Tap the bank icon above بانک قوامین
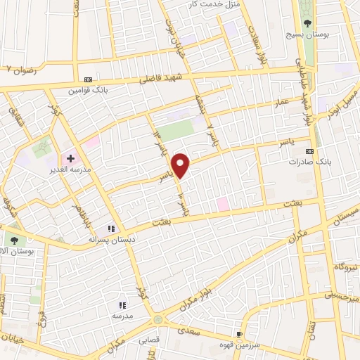click(x=88, y=80)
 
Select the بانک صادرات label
click(x=304, y=161)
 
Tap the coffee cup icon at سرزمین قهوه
click(x=240, y=335)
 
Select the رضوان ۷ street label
click(x=19, y=70)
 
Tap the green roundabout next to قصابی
click(x=157, y=321)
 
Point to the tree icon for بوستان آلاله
click(x=14, y=240)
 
